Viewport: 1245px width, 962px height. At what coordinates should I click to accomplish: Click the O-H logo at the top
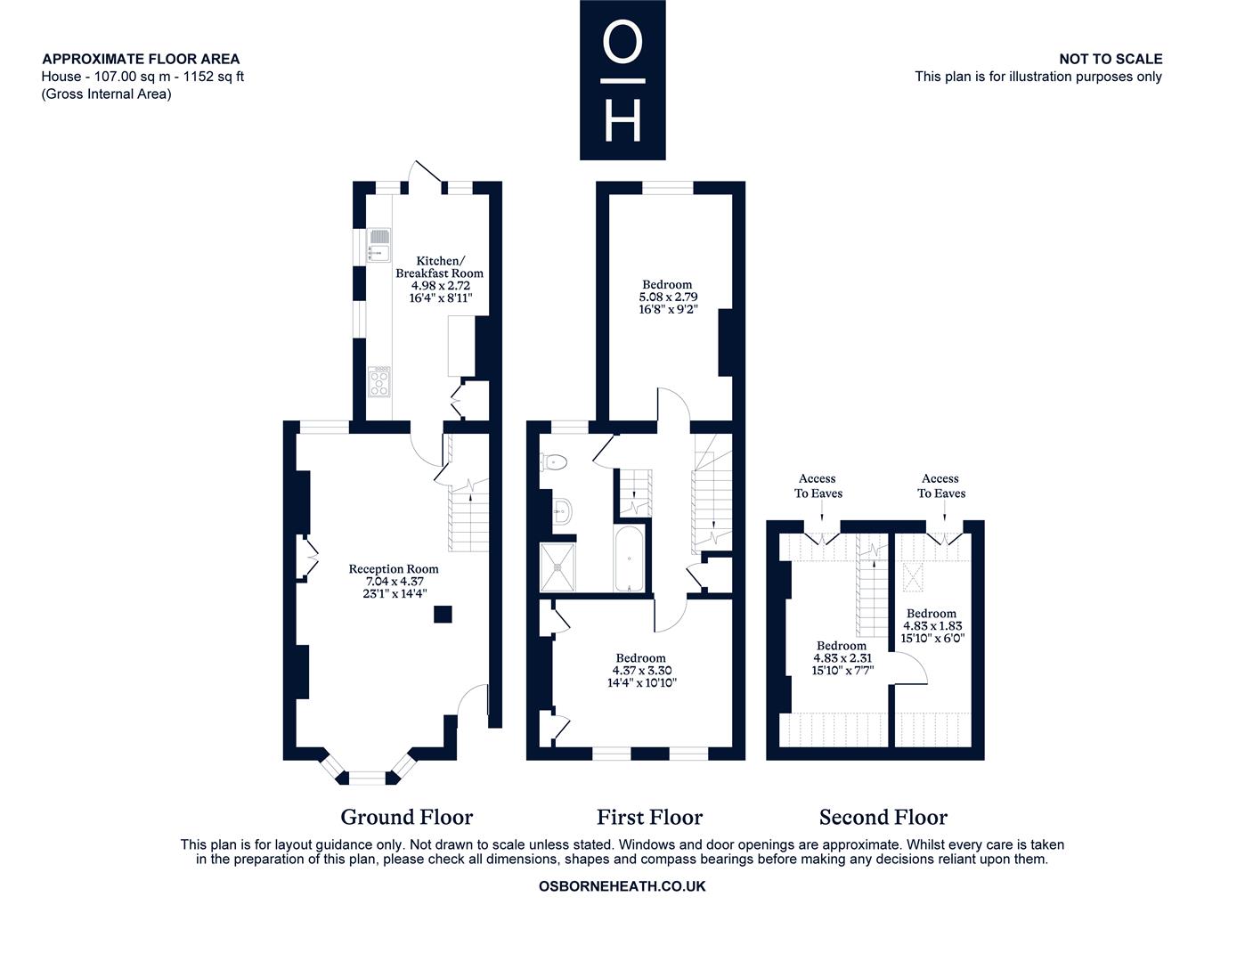point(622,79)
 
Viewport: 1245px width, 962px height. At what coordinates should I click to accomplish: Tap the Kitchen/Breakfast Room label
point(439,267)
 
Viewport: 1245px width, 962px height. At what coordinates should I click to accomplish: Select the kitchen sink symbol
point(378,245)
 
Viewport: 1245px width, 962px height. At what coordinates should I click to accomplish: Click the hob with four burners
point(378,382)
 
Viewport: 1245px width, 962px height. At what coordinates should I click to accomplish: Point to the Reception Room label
point(394,569)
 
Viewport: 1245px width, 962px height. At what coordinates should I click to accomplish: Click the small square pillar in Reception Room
point(443,615)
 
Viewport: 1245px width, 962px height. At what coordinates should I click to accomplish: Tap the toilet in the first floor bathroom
point(553,461)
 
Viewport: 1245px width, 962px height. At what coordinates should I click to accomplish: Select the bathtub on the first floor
point(629,558)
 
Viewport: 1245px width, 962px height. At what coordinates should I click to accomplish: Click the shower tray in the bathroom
point(557,567)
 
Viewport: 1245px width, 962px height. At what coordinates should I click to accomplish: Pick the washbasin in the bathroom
point(562,510)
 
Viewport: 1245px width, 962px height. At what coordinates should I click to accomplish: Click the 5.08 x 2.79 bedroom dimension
point(668,297)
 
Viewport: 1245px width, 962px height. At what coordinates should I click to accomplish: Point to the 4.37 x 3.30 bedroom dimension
point(642,671)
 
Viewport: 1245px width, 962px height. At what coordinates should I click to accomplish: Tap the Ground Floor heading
point(407,817)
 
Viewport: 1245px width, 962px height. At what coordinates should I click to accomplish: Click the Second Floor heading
point(883,817)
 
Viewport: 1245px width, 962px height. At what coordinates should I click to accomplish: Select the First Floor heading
point(650,817)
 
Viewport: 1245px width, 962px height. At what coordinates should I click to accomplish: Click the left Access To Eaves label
point(818,485)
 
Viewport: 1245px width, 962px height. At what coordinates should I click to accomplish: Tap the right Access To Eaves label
point(941,485)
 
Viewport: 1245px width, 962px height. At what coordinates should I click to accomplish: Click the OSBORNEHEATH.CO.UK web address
point(622,886)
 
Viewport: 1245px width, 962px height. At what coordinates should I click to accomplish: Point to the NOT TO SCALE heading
point(1111,59)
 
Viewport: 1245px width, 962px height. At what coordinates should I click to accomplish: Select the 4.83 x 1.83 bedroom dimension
point(932,625)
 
